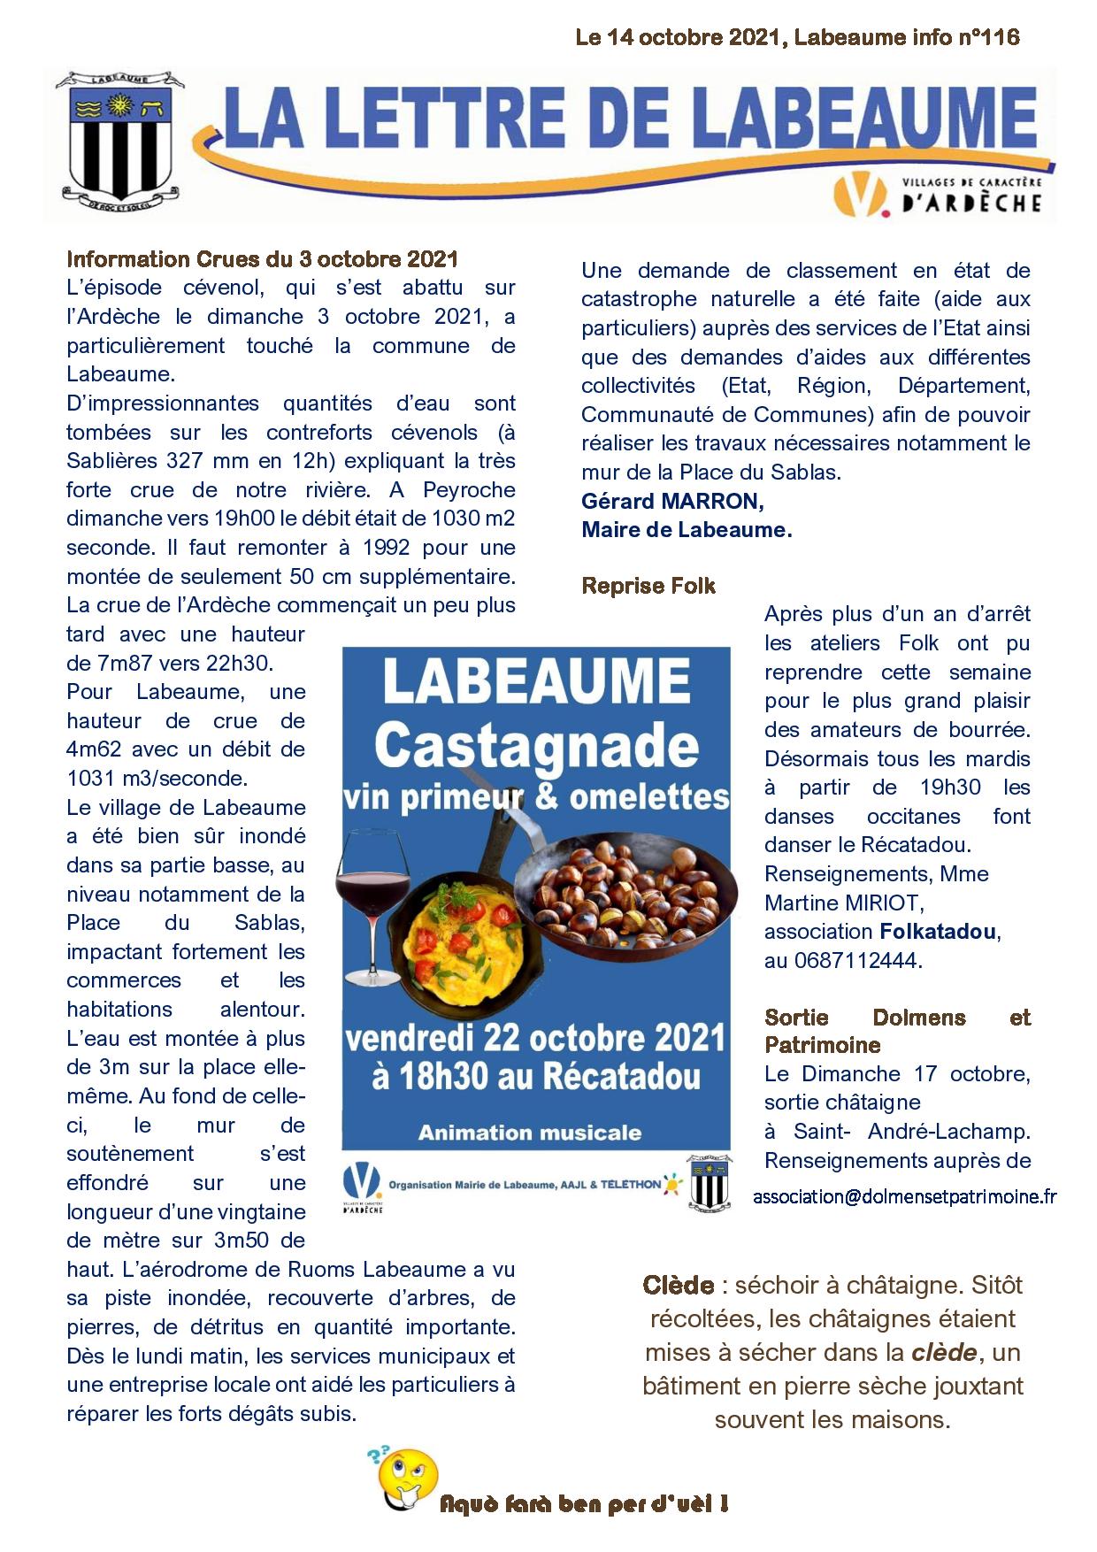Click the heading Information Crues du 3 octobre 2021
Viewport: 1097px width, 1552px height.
pos(262,259)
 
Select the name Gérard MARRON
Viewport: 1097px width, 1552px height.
pos(672,502)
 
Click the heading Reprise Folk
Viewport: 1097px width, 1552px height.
pos(648,586)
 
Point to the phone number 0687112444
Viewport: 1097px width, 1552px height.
pos(855,960)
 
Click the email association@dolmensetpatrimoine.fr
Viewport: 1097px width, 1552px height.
pos(904,1196)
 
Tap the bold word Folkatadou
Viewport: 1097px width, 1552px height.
pos(938,932)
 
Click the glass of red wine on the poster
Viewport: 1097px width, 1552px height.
pos(372,903)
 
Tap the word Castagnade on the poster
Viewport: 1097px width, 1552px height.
pos(536,746)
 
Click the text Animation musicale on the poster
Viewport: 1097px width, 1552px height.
pos(529,1133)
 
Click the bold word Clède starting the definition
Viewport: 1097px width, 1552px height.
pos(679,1285)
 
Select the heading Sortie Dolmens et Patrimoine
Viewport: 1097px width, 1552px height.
pos(897,1031)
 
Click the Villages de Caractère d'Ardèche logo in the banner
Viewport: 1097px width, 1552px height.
pos(938,195)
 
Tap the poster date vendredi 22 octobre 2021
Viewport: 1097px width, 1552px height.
pos(535,1038)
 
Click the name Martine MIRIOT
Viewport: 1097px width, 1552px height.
pos(843,903)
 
